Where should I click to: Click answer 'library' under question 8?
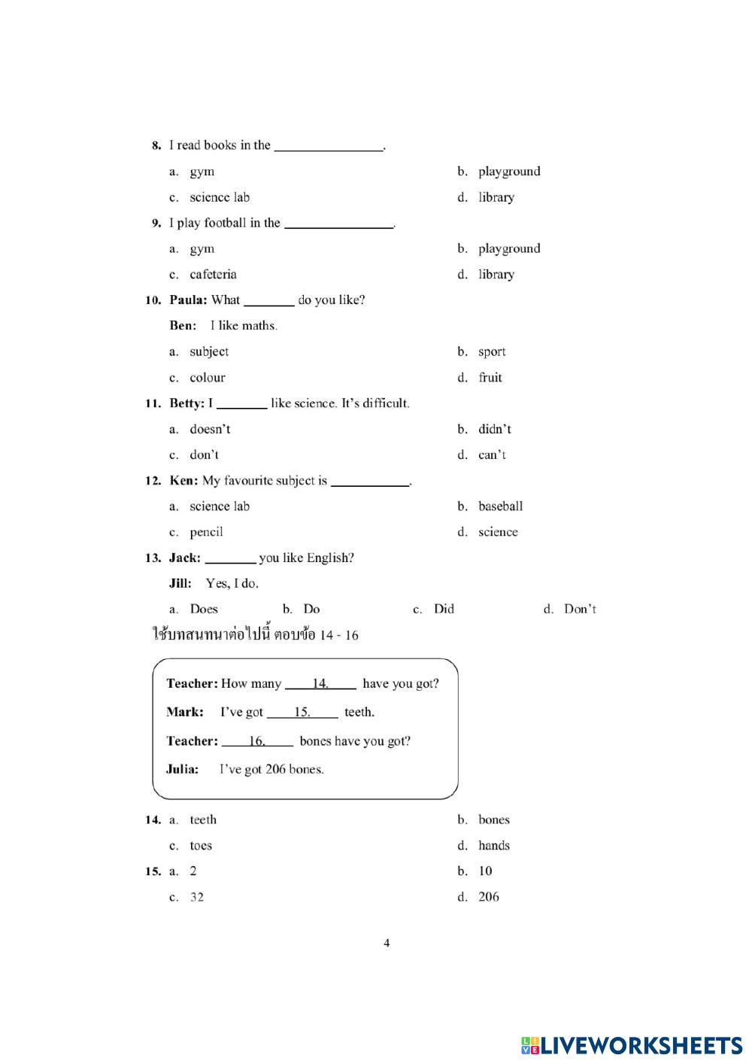pyautogui.click(x=496, y=197)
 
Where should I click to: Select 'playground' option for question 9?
pyautogui.click(x=508, y=248)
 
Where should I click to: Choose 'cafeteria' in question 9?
pyautogui.click(x=213, y=275)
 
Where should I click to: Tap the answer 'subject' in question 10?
pyautogui.click(x=209, y=351)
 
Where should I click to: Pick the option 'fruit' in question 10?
pyautogui.click(x=490, y=378)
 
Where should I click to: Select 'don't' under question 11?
pyautogui.click(x=204, y=455)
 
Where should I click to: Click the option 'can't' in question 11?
pyautogui.click(x=492, y=455)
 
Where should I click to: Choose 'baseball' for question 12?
pyautogui.click(x=500, y=506)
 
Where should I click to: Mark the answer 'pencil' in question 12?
pyautogui.click(x=206, y=532)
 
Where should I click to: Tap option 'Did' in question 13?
pyautogui.click(x=444, y=610)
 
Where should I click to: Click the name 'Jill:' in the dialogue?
pyautogui.click(x=180, y=583)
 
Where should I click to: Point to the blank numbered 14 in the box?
pyautogui.click(x=321, y=684)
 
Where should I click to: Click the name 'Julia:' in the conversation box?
pyautogui.click(x=183, y=769)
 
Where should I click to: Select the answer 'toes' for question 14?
pyautogui.click(x=201, y=846)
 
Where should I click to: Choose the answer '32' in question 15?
pyautogui.click(x=196, y=897)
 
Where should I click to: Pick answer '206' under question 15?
pyautogui.click(x=488, y=897)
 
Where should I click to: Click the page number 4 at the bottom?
pyautogui.click(x=387, y=943)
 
